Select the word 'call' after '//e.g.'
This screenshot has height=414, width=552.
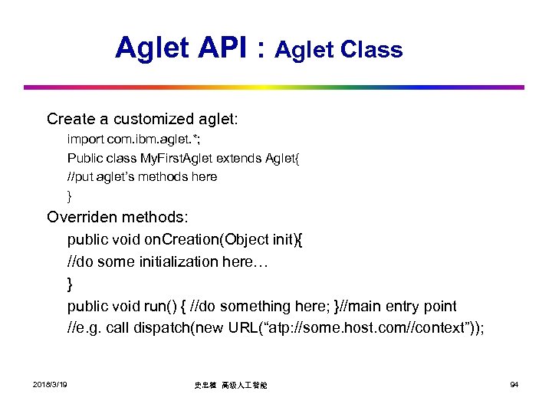click(118, 328)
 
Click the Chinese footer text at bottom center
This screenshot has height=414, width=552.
click(233, 385)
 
